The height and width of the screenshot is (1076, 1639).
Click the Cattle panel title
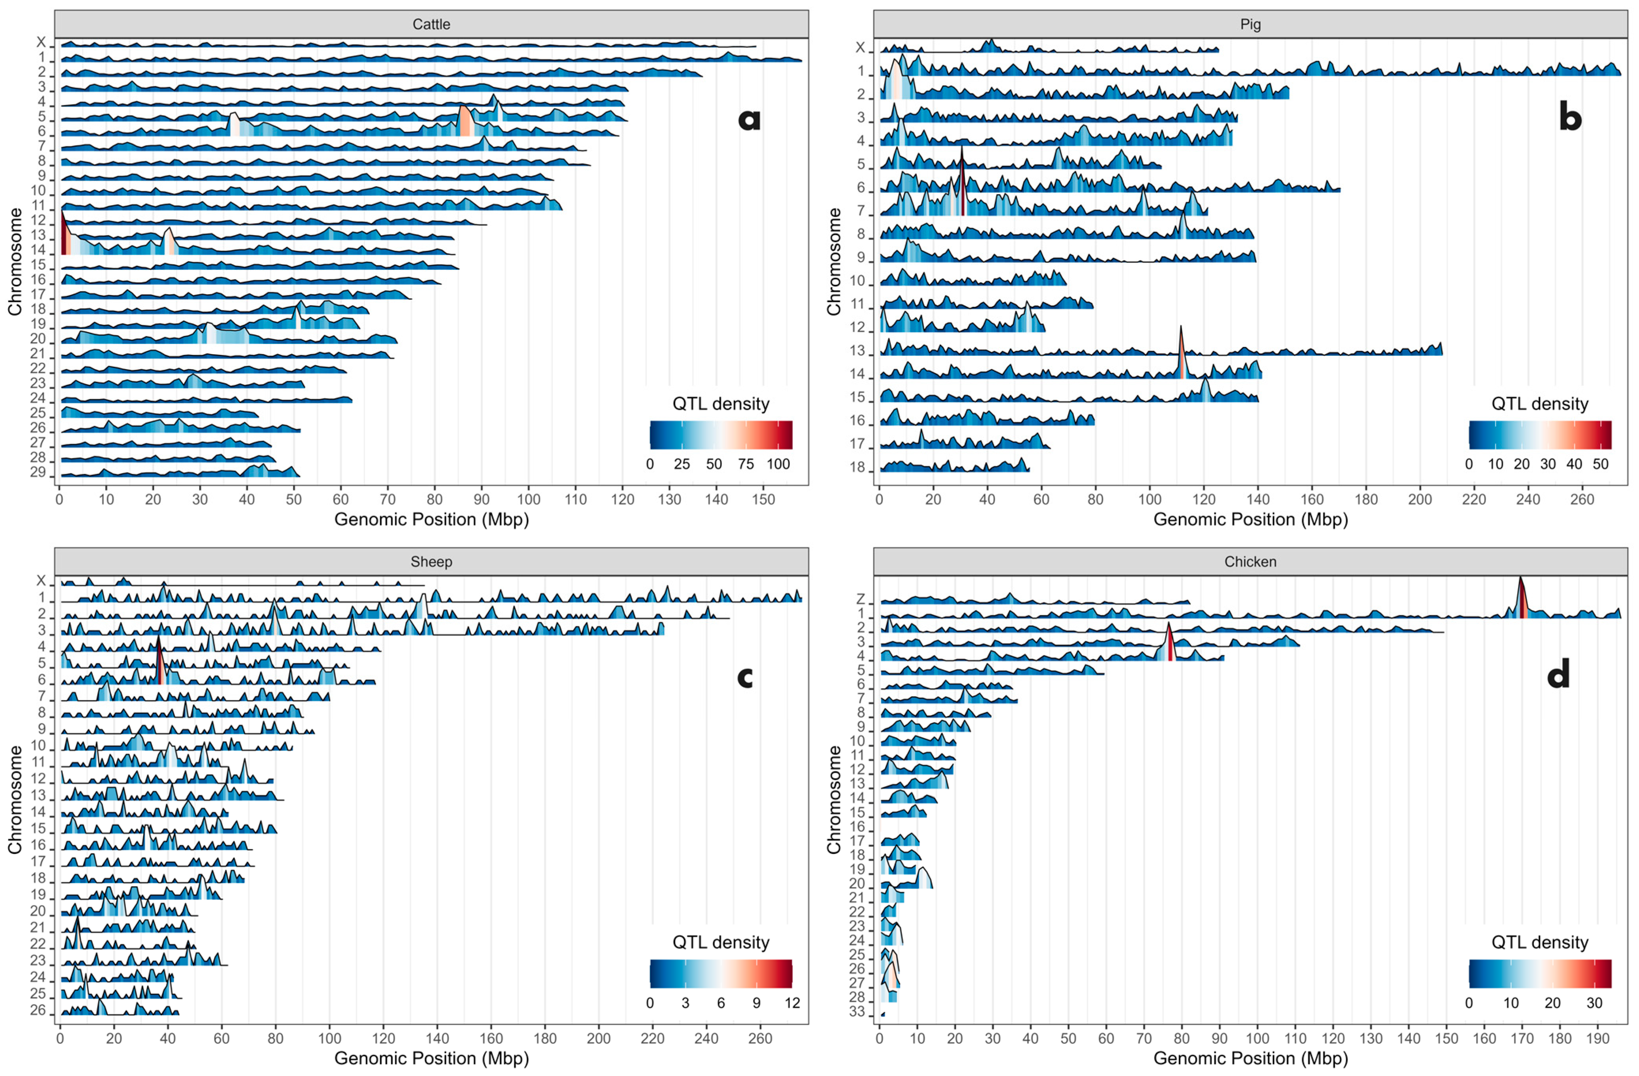tap(431, 24)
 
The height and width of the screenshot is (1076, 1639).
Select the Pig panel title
tap(1250, 24)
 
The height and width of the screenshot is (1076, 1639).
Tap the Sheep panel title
tap(431, 562)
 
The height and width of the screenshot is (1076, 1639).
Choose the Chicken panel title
tap(1250, 562)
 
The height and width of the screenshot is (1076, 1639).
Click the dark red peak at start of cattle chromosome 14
tap(64, 237)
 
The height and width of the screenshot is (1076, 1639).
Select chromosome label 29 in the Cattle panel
tap(38, 472)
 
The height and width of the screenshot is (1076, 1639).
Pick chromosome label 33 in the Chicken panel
tap(857, 1013)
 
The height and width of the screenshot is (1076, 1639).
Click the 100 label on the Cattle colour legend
tap(778, 464)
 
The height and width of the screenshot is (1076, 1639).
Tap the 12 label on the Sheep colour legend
tap(792, 1002)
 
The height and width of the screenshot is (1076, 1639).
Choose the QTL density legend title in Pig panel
tap(1540, 404)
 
